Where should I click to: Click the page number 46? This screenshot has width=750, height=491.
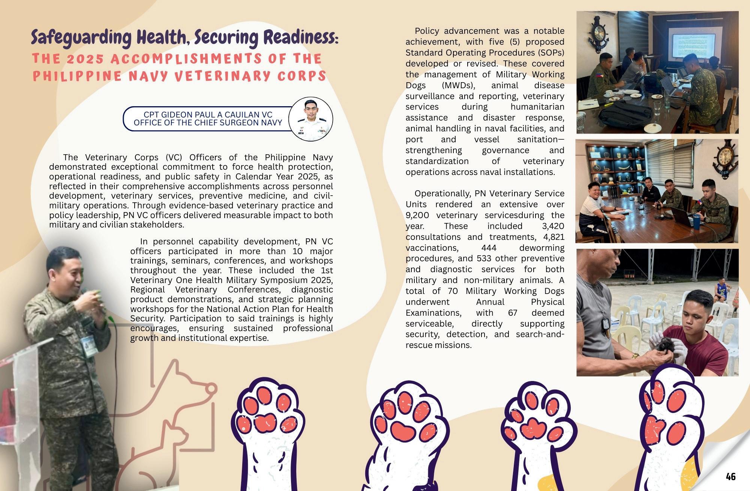(x=730, y=476)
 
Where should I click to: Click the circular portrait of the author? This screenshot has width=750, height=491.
(x=311, y=119)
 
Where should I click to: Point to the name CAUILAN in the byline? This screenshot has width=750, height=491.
(x=241, y=114)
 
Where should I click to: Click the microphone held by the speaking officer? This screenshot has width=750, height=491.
(x=87, y=291)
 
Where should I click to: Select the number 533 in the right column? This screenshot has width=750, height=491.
(x=484, y=258)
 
